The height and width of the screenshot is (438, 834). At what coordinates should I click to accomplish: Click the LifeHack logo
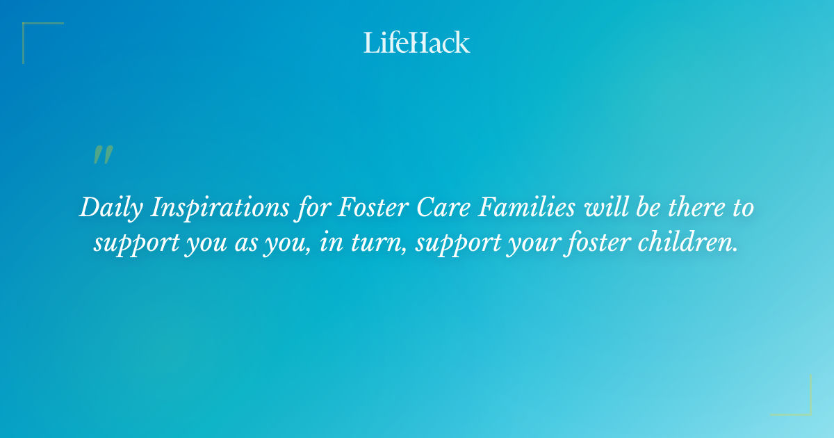pos(416,42)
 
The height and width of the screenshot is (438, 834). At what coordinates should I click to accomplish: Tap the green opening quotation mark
pos(103,154)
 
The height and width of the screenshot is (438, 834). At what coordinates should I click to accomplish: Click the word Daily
pos(111,208)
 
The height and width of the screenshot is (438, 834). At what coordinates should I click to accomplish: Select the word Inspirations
pos(220,208)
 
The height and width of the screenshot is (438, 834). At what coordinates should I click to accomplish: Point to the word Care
pos(443,207)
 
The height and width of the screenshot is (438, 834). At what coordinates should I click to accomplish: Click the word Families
pos(527,206)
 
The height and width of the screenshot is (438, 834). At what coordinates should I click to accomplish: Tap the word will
pos(606,206)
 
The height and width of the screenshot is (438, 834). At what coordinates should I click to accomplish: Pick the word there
pos(696,207)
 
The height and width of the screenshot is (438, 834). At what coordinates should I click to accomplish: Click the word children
pos(687,242)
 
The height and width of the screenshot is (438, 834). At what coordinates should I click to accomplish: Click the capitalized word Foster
pos(373,207)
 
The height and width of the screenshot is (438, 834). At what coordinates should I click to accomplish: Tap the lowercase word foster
pos(597,243)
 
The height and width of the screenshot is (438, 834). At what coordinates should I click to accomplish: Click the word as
pos(246,245)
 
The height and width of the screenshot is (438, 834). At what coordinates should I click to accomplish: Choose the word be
pos(648,206)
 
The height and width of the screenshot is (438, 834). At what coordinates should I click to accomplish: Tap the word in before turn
pos(332,242)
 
